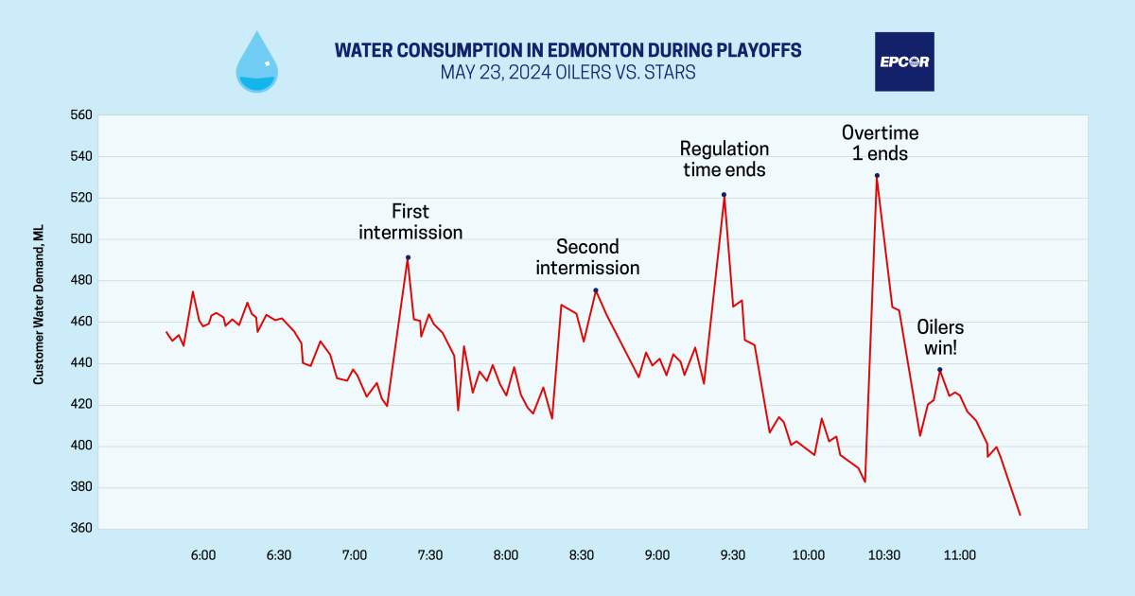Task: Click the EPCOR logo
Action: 904,61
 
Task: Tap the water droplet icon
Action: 256,63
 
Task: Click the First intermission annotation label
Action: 410,221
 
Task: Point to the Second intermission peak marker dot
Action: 596,290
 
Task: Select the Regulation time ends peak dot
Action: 724,195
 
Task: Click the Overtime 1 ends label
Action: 880,142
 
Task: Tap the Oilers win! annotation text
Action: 940,337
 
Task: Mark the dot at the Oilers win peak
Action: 939,370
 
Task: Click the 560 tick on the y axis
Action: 81,115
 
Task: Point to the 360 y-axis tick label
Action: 81,529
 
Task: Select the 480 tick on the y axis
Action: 81,281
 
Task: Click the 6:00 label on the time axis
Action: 203,555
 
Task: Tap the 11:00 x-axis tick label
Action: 959,555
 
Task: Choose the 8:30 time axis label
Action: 582,555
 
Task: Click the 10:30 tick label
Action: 883,555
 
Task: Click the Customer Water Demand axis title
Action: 39,322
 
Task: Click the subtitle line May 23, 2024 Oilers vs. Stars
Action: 567,73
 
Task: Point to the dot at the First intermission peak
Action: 408,257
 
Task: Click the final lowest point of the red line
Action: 1020,515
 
